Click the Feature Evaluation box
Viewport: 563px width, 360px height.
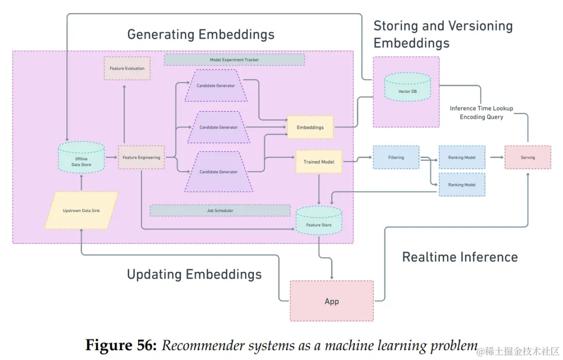(127, 68)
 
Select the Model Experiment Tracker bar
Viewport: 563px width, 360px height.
(234, 60)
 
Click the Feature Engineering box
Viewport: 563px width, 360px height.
(141, 157)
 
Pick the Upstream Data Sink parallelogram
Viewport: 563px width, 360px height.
(81, 210)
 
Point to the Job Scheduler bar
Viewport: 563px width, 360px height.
(219, 210)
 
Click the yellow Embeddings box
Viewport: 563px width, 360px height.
(310, 127)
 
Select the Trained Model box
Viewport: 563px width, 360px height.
(319, 162)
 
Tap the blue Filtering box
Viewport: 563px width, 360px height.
(396, 157)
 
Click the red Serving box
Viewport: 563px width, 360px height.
(527, 157)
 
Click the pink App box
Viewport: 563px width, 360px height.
(332, 301)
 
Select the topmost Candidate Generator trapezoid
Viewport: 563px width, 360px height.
(216, 86)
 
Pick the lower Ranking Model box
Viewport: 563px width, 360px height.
(462, 185)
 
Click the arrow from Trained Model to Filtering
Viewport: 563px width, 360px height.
(358, 161)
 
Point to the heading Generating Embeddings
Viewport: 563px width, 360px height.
(201, 35)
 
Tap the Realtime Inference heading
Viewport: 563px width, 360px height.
(460, 257)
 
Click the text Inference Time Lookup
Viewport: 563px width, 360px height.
(481, 109)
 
